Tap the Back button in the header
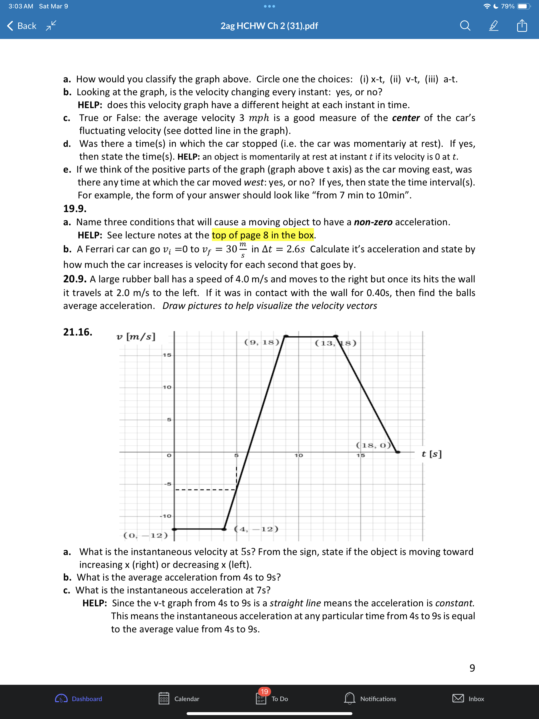[22, 26]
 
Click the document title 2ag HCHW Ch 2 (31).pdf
[269, 26]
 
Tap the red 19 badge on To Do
[264, 691]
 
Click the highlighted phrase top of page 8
[263, 235]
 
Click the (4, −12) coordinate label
[256, 528]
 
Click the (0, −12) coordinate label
[146, 535]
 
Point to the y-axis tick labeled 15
[167, 355]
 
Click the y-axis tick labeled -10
[166, 516]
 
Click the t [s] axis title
[431, 454]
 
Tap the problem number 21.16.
[78, 332]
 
